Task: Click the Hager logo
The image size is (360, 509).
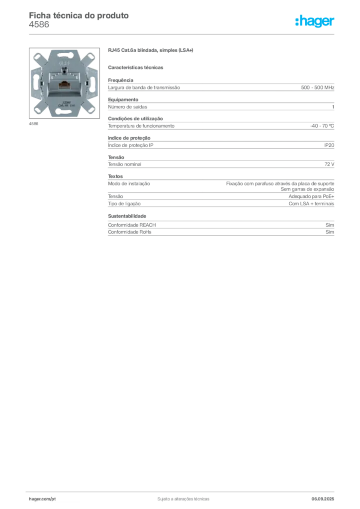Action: [315, 21]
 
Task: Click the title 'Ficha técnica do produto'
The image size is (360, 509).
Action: [79, 15]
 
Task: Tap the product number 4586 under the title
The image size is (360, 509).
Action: [39, 25]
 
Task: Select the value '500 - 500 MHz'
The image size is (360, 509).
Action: [317, 87]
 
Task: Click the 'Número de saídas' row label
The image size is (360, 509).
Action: [128, 107]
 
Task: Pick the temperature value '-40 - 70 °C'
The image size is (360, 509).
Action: [322, 126]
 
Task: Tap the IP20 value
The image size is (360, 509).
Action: [329, 146]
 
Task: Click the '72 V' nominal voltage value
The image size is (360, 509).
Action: [329, 164]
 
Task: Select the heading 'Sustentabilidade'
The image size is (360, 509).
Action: [127, 216]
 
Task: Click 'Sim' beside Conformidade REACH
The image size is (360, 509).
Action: [330, 225]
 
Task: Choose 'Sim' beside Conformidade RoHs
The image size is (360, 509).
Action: [330, 232]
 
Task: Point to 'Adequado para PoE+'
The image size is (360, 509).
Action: [311, 196]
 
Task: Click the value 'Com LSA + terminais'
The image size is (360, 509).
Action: [311, 204]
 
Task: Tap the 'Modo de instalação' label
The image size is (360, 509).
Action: [129, 184]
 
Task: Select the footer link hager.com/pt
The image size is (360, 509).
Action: [42, 499]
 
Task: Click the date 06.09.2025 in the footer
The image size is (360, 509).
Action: [323, 499]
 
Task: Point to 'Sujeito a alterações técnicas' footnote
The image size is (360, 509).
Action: [183, 499]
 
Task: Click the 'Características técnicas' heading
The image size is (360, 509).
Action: [136, 68]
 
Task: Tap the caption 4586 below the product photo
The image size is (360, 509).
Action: [33, 124]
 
